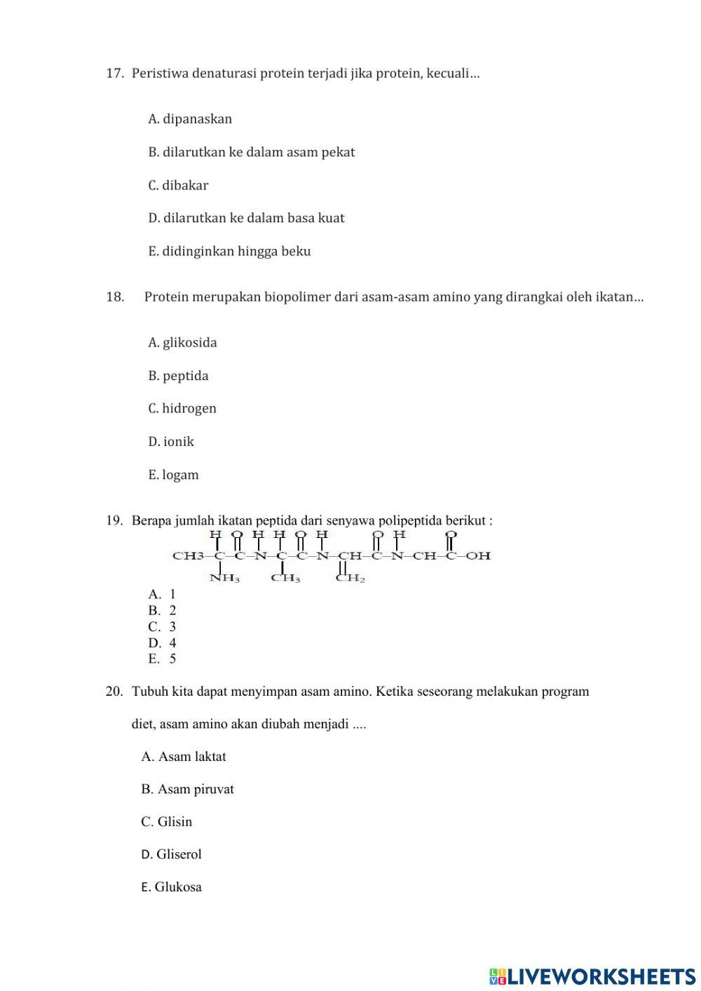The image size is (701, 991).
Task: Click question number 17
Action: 115,73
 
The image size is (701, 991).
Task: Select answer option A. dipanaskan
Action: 190,119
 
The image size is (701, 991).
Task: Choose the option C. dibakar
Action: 178,186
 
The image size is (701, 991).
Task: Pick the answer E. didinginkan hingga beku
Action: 229,252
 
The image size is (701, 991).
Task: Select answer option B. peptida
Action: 178,376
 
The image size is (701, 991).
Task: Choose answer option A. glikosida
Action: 182,343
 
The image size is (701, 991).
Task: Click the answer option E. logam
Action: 173,475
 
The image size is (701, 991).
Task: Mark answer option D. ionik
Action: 171,442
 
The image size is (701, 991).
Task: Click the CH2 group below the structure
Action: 350,579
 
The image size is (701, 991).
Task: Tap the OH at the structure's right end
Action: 479,556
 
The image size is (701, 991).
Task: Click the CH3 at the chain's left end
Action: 188,556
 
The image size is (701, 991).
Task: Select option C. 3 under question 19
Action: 162,627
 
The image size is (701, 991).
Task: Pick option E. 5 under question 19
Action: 162,659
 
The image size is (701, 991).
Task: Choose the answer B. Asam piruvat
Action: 187,790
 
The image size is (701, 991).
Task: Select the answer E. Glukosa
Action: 171,887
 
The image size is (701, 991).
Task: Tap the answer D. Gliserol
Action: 171,855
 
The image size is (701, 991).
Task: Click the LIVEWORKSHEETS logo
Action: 592,976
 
